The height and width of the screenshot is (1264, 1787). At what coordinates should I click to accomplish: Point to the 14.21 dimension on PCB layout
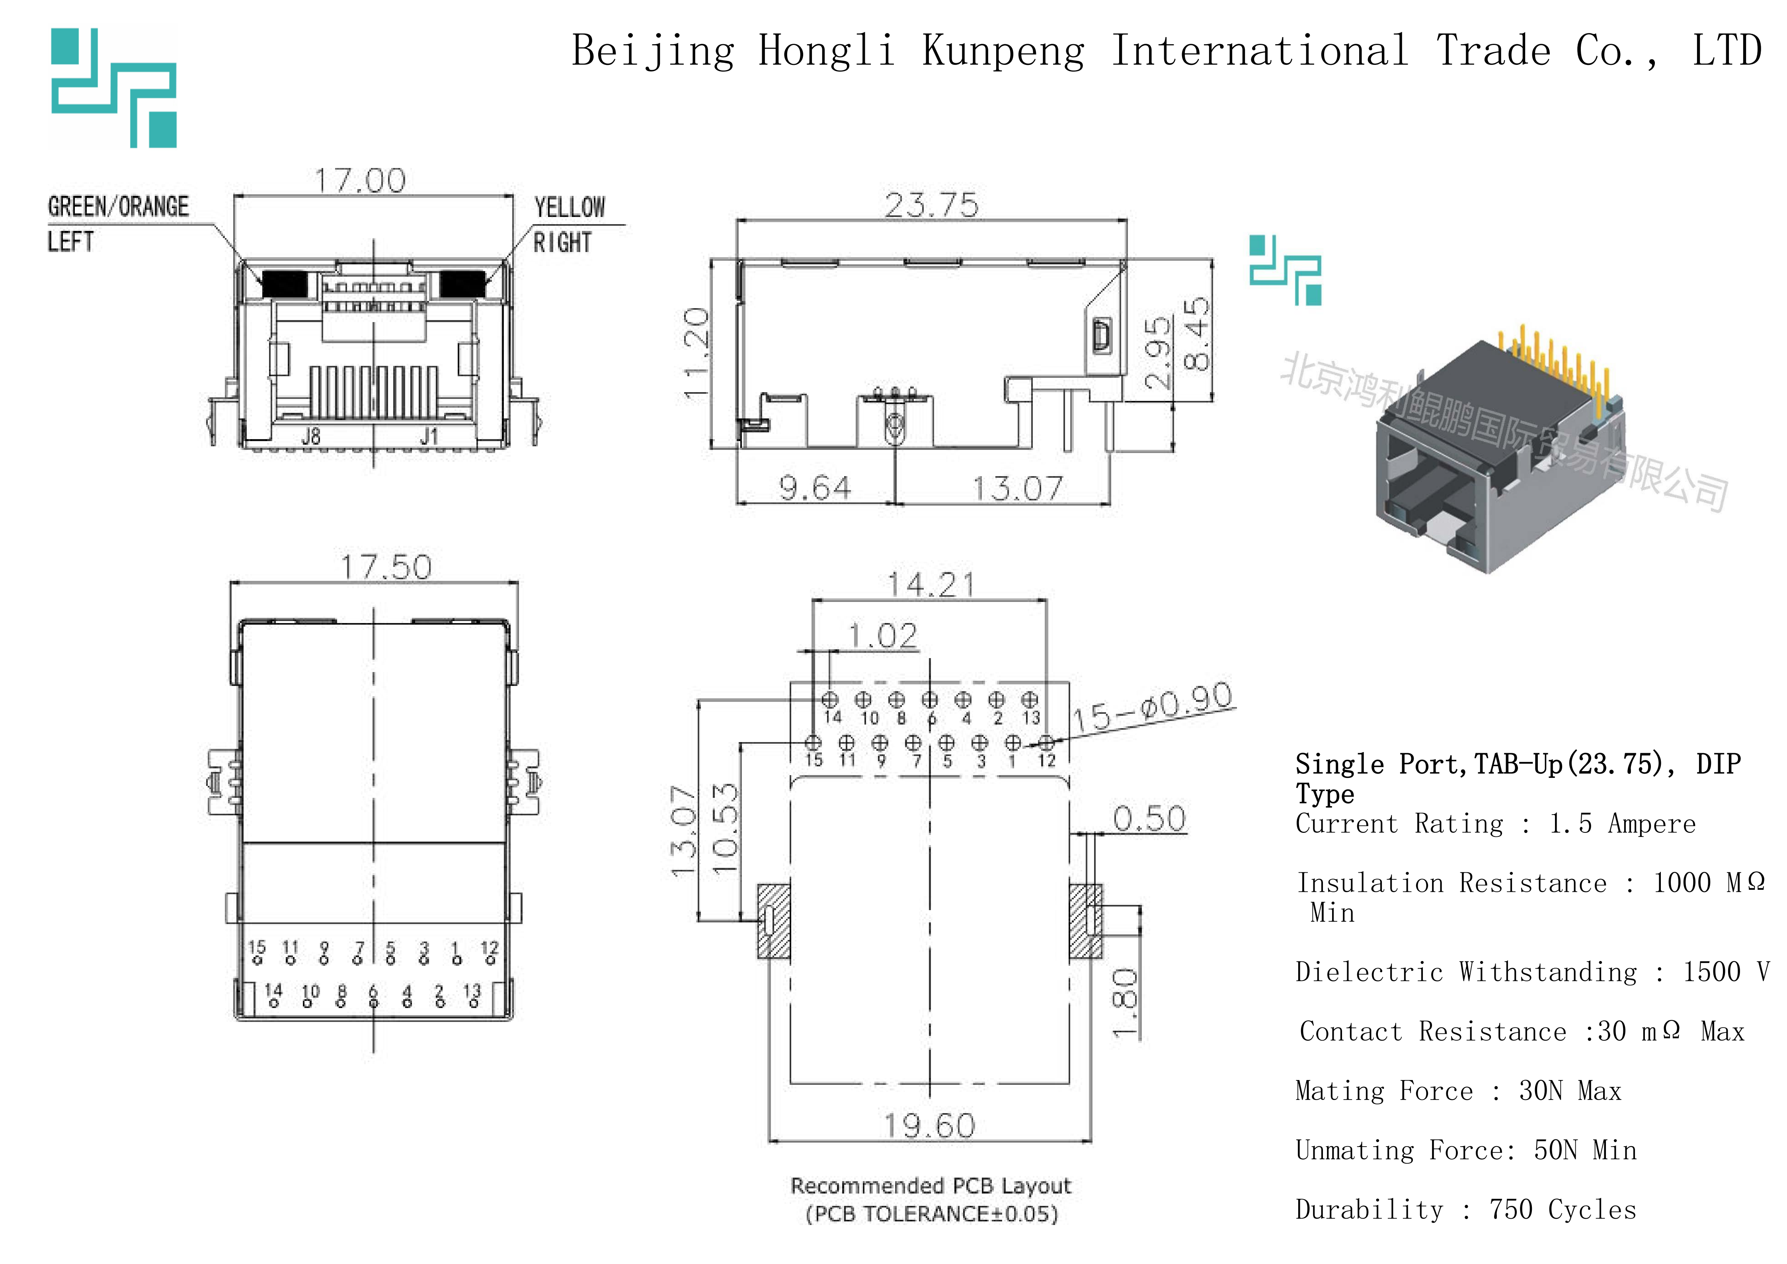(931, 584)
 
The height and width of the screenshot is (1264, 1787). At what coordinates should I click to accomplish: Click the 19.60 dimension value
(929, 1125)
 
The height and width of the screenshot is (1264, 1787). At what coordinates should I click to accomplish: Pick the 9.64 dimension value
(815, 488)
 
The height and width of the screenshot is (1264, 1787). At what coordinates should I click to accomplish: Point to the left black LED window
(284, 283)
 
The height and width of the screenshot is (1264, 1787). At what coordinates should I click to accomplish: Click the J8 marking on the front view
(310, 437)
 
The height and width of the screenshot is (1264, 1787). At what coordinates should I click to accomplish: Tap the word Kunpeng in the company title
(1003, 51)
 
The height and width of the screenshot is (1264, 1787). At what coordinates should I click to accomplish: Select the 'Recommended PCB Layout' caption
(931, 1186)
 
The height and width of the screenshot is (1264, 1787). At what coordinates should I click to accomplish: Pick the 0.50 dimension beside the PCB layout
(1149, 819)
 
